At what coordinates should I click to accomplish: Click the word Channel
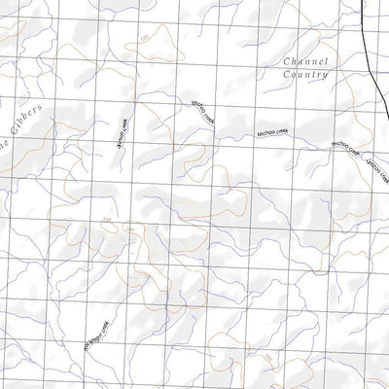click(303, 59)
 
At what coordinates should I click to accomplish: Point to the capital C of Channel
click(284, 59)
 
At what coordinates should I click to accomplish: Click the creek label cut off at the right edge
click(375, 167)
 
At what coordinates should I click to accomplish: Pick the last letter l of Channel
click(325, 59)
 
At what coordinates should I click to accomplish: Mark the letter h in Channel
click(291, 59)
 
